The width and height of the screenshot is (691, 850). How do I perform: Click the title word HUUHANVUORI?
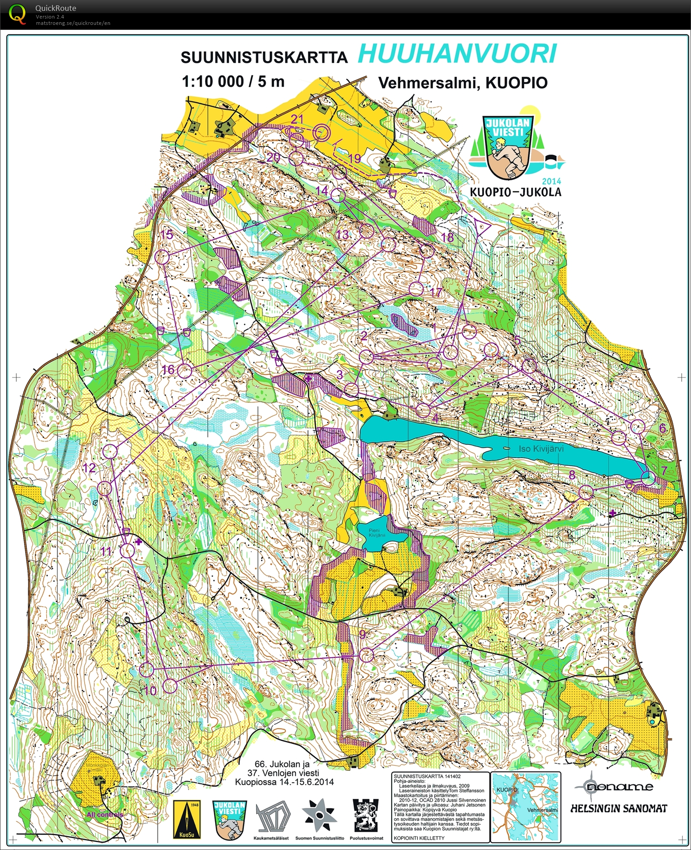tap(457, 54)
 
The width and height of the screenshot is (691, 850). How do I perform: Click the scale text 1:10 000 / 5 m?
tap(233, 82)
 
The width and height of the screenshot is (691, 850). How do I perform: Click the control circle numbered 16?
tap(184, 371)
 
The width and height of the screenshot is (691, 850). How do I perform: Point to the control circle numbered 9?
tap(366, 655)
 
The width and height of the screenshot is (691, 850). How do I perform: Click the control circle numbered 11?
tap(128, 551)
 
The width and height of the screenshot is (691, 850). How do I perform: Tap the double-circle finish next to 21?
tap(322, 132)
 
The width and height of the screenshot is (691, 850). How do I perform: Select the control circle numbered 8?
tap(586, 493)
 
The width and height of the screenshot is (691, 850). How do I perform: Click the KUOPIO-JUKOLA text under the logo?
tap(515, 192)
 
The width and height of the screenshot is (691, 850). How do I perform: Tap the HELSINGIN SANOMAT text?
tap(619, 808)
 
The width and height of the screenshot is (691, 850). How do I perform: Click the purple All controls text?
tap(105, 814)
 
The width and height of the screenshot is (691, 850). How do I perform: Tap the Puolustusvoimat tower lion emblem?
tap(365, 815)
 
